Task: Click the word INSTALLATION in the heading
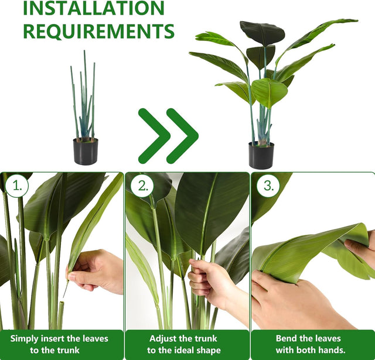point(94,8)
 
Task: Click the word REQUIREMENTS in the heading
point(98,31)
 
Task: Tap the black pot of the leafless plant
point(86,152)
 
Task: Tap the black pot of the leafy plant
point(261,156)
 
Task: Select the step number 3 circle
point(268,186)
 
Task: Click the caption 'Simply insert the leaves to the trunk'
point(62,344)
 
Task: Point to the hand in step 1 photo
point(97,270)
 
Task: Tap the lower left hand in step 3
point(293,304)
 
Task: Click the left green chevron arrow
point(154,136)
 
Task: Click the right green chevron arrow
point(182,136)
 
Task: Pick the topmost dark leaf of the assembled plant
point(262,33)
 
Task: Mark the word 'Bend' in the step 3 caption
point(287,338)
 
